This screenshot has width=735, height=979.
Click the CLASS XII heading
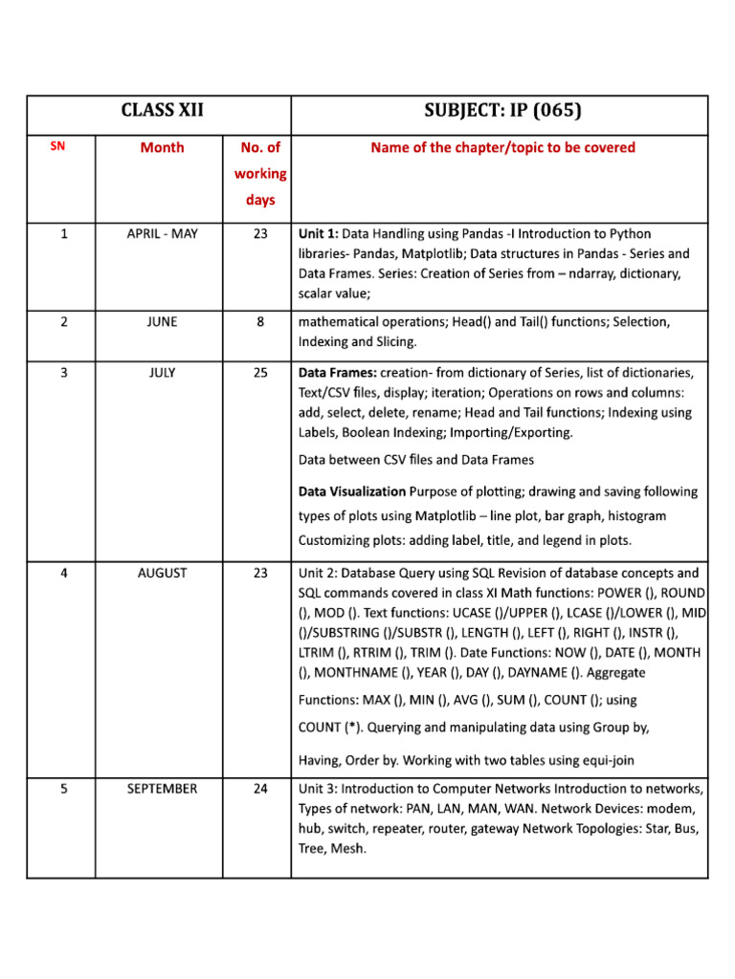coord(162,112)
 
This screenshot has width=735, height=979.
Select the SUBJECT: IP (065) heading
coord(501,112)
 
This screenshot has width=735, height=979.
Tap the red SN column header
coord(57,146)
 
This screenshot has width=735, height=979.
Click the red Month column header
coord(162,147)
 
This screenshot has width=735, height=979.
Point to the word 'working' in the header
coord(260,173)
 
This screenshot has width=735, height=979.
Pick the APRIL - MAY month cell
coord(162,233)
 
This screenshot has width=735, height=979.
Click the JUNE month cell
coord(162,321)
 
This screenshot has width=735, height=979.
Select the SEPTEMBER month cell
coord(162,789)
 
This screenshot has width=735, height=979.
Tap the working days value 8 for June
coord(260,321)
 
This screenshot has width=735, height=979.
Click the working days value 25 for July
coord(260,373)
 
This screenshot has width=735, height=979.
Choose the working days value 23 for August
coord(260,574)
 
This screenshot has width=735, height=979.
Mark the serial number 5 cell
coord(63,789)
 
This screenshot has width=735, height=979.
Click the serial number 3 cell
coord(63,373)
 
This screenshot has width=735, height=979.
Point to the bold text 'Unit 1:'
coord(319,233)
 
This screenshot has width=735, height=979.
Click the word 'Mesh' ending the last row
coord(349,848)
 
